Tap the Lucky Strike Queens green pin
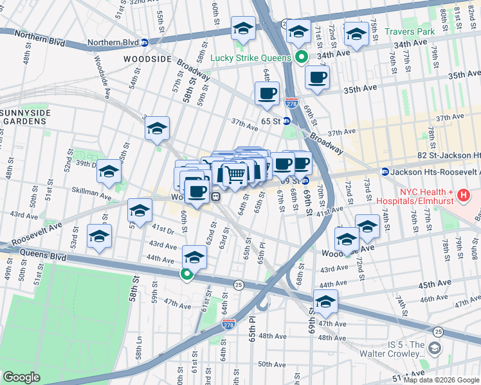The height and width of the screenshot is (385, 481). (301, 57)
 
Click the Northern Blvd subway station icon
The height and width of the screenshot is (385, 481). (145, 43)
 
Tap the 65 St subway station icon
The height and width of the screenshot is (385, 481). (287, 121)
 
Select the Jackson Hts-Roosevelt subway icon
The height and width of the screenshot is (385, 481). (385, 172)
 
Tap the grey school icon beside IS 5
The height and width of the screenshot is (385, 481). (435, 348)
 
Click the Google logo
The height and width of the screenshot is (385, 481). (21, 377)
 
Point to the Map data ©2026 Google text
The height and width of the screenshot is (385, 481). (440, 380)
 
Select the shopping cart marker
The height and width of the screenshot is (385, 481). (235, 175)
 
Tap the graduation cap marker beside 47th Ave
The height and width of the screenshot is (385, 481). (325, 302)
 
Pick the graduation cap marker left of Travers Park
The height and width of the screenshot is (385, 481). (355, 35)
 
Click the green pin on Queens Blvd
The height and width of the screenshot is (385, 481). (186, 275)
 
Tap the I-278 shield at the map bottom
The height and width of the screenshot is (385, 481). (228, 325)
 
